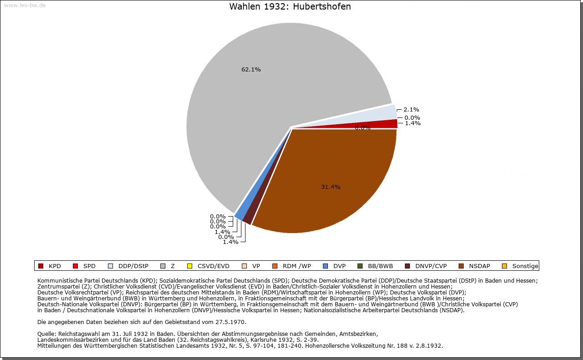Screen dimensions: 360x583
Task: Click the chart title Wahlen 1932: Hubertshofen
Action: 290,7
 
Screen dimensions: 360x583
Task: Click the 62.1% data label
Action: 251,70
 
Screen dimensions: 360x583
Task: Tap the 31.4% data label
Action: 331,187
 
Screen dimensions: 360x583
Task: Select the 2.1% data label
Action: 411,110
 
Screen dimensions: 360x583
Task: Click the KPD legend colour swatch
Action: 41,266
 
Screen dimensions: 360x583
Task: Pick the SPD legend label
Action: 89,266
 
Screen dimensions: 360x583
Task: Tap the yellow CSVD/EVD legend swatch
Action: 190,266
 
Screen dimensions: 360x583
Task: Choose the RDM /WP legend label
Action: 297,266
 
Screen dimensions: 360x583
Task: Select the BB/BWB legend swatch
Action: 359,266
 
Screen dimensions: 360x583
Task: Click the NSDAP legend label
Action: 480,266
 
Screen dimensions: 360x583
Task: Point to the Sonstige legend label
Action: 525,266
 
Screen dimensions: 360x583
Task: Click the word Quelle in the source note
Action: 46,334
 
